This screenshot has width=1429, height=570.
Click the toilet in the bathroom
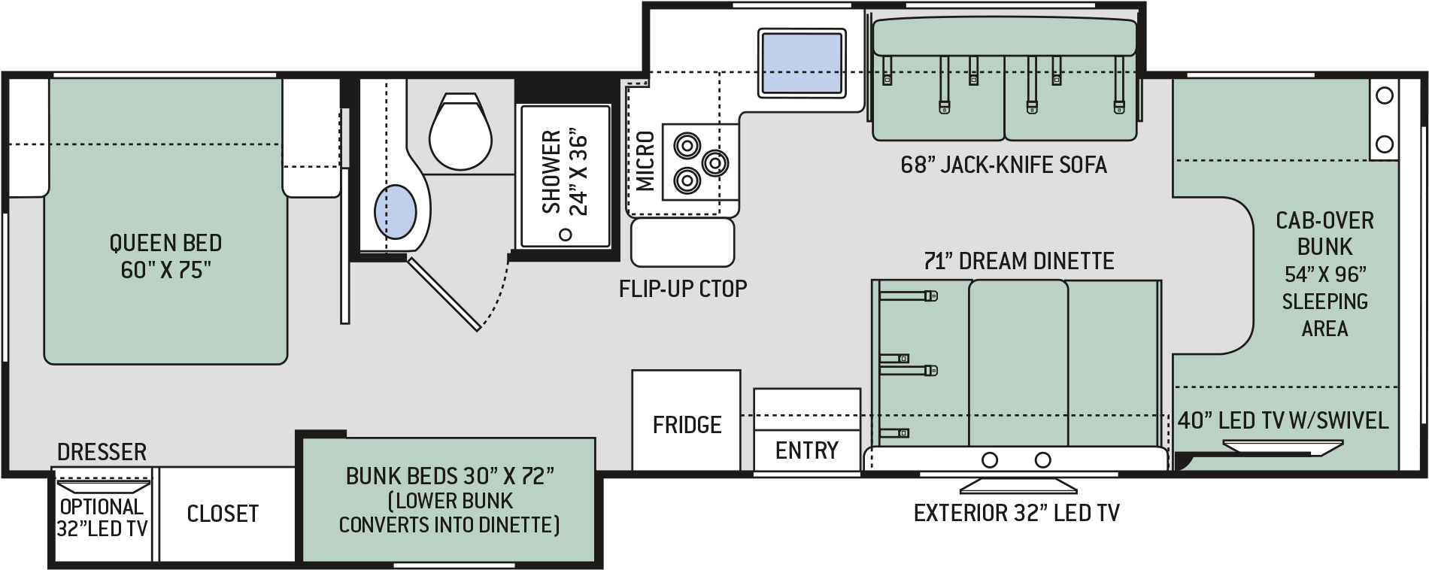(x=460, y=132)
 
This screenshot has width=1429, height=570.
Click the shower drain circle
(x=566, y=235)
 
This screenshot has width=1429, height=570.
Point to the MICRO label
(x=645, y=161)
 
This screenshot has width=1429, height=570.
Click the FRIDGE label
(x=687, y=425)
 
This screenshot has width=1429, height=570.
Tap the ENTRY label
(x=806, y=450)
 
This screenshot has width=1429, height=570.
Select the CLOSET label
(x=223, y=514)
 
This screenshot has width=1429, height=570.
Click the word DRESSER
(x=102, y=452)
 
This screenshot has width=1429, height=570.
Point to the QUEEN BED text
(x=165, y=243)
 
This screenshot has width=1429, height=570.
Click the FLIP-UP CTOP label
(x=683, y=288)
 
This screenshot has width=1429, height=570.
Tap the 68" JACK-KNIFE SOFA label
(x=1003, y=165)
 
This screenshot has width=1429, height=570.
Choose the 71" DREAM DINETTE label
(x=1019, y=261)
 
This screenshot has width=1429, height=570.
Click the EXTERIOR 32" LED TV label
(x=1016, y=513)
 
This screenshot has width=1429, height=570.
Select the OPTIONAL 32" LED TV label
(x=102, y=517)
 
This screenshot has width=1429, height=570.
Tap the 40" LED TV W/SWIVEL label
(x=1283, y=420)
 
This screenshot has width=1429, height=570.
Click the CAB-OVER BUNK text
(x=1324, y=233)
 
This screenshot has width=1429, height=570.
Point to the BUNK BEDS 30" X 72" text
(x=450, y=476)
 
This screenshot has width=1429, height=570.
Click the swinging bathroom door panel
(x=444, y=293)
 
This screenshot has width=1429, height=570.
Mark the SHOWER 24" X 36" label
(x=564, y=172)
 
